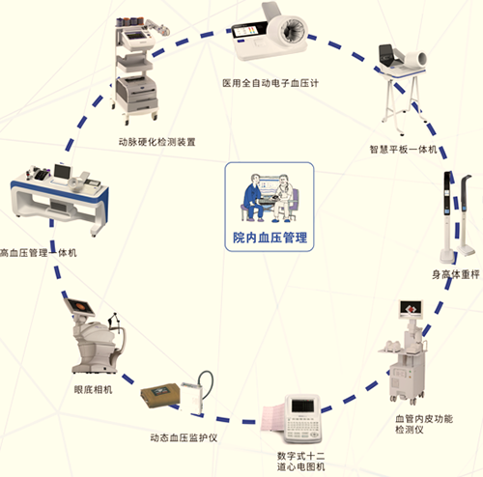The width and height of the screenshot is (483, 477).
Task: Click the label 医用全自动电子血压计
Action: click(270, 83)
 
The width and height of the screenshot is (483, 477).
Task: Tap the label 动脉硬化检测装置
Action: click(157, 142)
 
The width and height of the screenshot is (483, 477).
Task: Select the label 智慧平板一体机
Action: click(403, 150)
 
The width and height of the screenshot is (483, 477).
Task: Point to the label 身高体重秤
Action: click(456, 274)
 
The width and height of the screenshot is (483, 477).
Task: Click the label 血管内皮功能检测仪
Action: click(424, 424)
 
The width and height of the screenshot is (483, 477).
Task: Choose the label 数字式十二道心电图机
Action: click(301, 461)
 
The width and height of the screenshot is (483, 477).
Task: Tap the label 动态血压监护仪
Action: click(184, 437)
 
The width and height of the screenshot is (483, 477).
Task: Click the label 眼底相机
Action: click(93, 390)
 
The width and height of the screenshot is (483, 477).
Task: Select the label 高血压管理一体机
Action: click(39, 253)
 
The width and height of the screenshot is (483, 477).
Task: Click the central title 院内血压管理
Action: click(270, 238)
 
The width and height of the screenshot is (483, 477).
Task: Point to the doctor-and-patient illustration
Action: click(270, 198)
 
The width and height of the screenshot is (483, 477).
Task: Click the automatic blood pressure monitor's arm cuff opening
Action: click(294, 31)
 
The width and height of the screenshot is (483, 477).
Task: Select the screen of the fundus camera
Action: click(80, 306)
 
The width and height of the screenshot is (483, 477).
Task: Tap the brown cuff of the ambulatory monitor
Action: click(160, 395)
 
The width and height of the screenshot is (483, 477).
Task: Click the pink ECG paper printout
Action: click(273, 419)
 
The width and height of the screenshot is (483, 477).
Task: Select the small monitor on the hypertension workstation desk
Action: click(63, 172)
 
